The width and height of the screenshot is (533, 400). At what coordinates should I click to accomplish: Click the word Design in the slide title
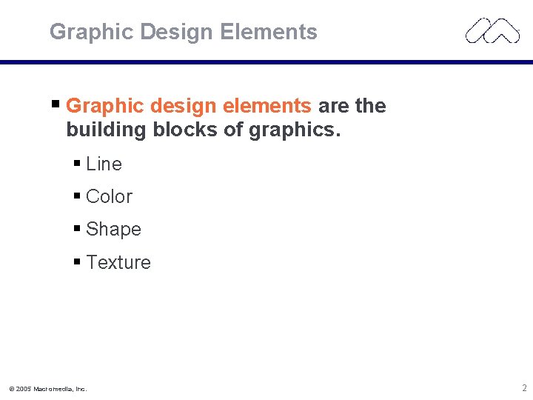point(180,32)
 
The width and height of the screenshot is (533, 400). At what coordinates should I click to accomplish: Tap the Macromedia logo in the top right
point(492,32)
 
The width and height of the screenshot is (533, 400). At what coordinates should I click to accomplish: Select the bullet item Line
point(104,164)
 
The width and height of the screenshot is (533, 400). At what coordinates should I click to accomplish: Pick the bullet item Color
point(109,196)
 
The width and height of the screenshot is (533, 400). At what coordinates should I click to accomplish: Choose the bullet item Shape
point(113,230)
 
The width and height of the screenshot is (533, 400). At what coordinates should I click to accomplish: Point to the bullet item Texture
point(118,262)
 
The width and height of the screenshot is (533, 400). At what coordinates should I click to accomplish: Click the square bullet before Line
point(78,163)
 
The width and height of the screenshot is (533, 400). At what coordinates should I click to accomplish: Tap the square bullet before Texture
point(78,261)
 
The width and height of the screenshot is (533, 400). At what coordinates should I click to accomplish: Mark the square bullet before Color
point(78,196)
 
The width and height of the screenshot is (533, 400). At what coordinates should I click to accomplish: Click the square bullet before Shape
point(78,228)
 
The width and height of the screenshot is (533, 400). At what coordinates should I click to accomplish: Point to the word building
point(107,130)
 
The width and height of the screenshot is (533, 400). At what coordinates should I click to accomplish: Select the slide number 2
point(524,387)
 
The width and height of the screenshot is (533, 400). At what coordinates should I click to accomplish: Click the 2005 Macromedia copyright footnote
point(47,388)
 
